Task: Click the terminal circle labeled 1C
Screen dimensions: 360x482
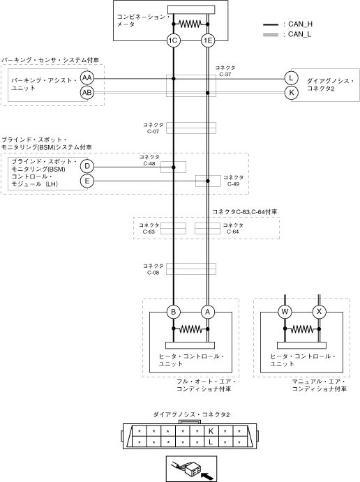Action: tap(174, 40)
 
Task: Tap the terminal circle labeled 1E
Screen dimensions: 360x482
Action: tap(208, 40)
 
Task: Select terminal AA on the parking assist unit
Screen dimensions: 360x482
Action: tap(87, 77)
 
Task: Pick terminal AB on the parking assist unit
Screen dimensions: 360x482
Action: tap(87, 93)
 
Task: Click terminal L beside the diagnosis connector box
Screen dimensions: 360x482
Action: tap(291, 77)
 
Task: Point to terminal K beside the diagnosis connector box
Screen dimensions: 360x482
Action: tap(291, 93)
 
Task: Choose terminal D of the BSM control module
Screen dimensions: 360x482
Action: tap(87, 166)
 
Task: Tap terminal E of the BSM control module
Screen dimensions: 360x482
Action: tap(87, 181)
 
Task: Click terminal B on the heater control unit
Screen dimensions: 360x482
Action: tap(174, 312)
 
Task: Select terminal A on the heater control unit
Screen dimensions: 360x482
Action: tap(208, 312)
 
